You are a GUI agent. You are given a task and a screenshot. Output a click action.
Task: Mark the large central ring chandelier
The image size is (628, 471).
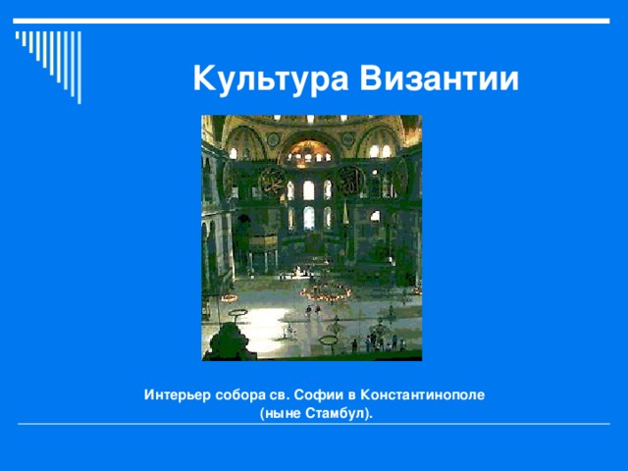click(x=325, y=291)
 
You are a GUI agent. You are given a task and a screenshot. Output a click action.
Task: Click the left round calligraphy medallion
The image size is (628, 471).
click(x=271, y=182)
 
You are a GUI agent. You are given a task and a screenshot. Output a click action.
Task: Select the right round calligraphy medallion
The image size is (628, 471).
click(x=349, y=180)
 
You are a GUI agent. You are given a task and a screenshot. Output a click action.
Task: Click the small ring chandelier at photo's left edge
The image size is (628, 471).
click(x=228, y=296)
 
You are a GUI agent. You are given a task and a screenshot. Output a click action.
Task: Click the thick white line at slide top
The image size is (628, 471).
click(x=314, y=21)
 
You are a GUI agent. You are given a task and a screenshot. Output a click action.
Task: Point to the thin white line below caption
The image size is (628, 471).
click(x=314, y=425)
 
